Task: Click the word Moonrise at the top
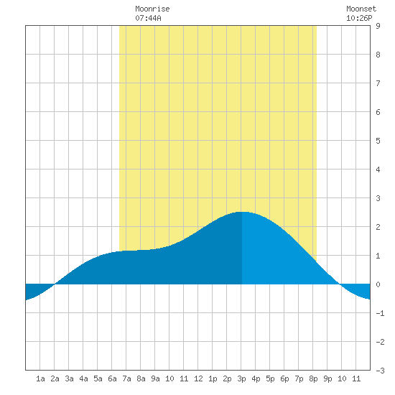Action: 152,9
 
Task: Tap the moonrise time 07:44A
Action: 148,18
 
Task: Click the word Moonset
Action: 361,9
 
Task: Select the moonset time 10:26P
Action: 359,18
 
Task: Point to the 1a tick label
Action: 40,378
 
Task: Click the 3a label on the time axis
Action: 69,378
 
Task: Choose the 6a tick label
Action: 112,378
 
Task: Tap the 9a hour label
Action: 155,378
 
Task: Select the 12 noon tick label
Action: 198,378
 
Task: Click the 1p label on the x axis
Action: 213,378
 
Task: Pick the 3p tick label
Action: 241,378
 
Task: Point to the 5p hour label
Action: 270,378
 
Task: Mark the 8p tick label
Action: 313,378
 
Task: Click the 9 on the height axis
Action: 378,26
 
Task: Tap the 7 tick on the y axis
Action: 378,83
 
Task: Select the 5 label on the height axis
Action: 378,141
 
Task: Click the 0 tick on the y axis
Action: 378,284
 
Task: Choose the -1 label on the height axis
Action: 380,313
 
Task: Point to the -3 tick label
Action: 380,371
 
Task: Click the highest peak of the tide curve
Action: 242,212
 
